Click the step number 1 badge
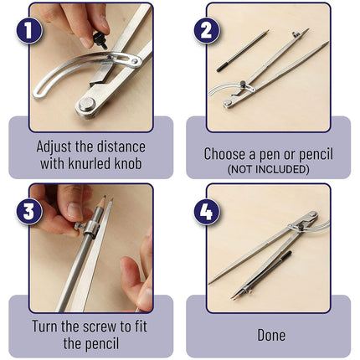point(29,30)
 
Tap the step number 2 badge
point(207,30)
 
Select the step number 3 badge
point(29,211)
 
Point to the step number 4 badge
point(207,211)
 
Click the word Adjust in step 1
point(54,147)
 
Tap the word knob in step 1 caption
point(127,163)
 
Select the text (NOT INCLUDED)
point(268,169)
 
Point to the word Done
point(271,335)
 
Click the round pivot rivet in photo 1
point(87,105)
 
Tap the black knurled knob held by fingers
point(100,39)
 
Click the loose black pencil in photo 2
point(242,50)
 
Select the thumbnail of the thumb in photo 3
point(75,211)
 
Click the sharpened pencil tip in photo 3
point(104,198)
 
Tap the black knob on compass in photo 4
point(301,227)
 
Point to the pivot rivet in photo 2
point(228,104)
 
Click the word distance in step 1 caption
point(121,147)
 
